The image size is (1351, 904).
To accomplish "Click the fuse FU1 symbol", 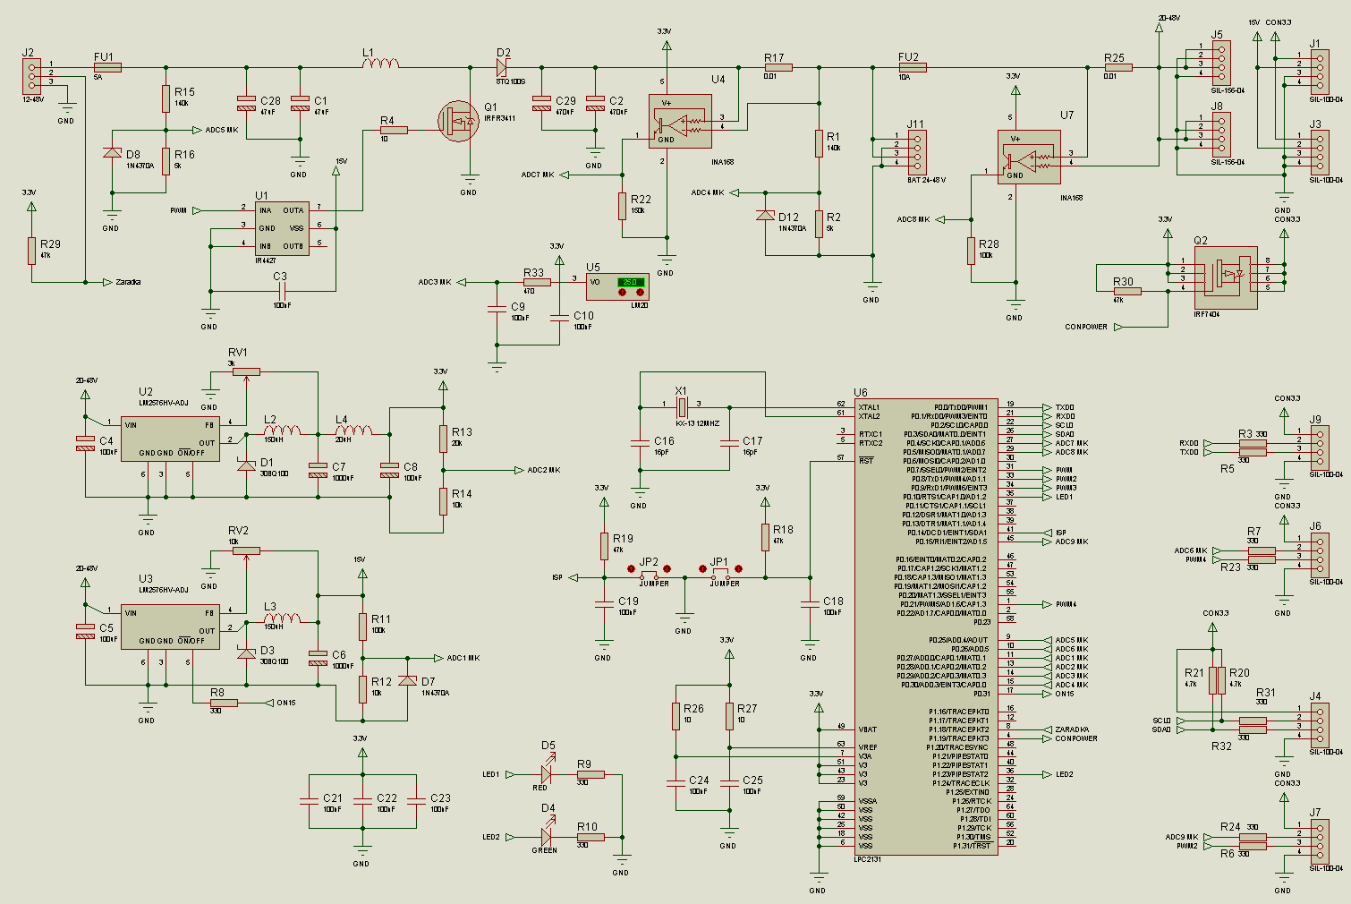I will (107, 67).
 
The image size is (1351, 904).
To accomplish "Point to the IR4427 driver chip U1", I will (282, 228).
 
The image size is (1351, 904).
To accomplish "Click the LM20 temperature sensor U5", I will (616, 286).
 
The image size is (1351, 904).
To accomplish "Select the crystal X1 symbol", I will (682, 407).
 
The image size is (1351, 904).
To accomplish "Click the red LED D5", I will (546, 774).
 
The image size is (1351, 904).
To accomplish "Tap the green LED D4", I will (546, 837).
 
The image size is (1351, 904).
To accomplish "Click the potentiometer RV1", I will (246, 371).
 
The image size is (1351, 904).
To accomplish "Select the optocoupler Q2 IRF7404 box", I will (1225, 277).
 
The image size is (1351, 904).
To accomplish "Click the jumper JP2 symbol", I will (650, 573).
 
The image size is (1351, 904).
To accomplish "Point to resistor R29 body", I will (31, 251).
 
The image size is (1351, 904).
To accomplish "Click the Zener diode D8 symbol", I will (112, 153).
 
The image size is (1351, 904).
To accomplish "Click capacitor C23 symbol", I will (416, 801).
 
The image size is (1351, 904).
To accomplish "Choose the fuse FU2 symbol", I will (912, 67).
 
